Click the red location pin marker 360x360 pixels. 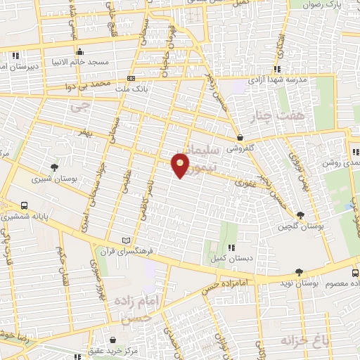181,165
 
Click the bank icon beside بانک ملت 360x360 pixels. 131,78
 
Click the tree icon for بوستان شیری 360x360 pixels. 55,167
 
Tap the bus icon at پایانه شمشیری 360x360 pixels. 25,206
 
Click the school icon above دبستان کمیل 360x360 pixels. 231,247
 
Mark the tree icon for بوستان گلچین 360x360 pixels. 301,214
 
